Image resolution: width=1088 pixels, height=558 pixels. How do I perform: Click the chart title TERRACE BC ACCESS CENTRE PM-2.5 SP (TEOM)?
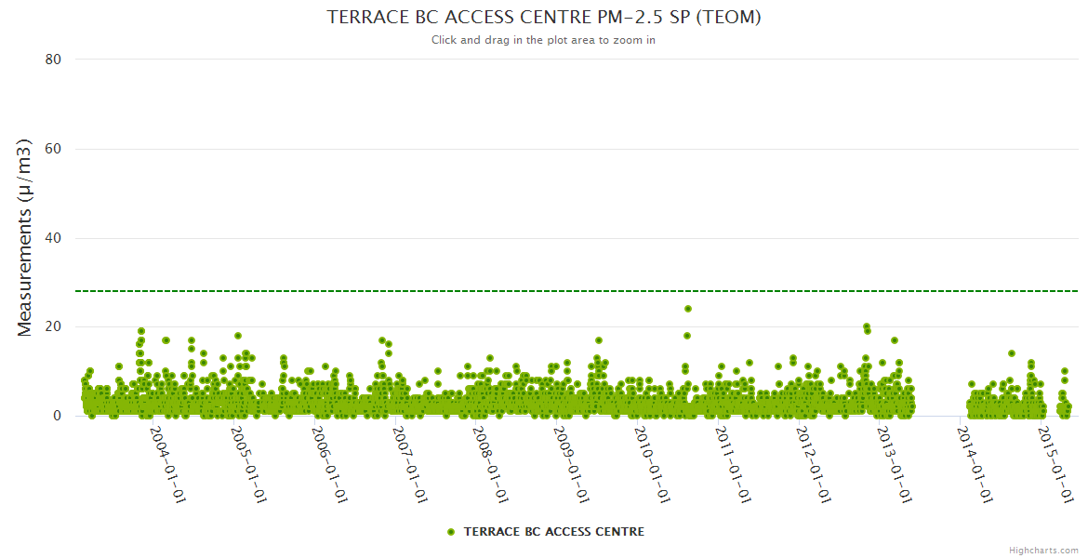[544, 17]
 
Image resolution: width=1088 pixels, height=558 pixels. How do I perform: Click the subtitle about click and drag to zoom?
[544, 40]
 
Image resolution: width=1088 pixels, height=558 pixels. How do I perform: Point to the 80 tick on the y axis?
[53, 60]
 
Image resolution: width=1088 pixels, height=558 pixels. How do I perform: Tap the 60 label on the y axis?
[53, 149]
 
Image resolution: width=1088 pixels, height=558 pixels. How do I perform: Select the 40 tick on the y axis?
[53, 238]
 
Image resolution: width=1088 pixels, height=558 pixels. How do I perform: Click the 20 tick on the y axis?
[53, 327]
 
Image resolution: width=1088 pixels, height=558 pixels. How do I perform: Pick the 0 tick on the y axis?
[57, 416]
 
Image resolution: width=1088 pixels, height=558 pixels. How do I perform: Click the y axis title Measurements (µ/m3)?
[25, 237]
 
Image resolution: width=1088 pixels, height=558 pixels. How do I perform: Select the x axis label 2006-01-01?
[330, 464]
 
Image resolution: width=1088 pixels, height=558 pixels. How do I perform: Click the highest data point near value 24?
[688, 309]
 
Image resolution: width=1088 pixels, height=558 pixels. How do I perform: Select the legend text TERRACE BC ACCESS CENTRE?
[553, 532]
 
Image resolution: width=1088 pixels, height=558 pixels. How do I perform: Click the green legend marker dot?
[451, 532]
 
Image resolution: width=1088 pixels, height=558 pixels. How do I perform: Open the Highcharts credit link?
[1043, 550]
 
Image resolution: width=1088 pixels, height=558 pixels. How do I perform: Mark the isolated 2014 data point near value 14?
[1012, 353]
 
